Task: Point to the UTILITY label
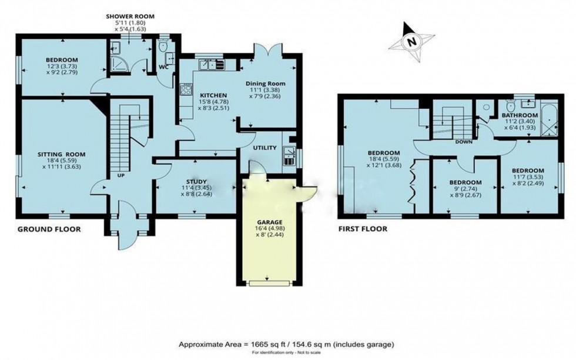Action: (264, 147)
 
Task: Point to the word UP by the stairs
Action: (121, 176)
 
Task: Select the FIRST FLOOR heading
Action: (362, 229)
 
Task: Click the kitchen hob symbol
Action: (186, 91)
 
